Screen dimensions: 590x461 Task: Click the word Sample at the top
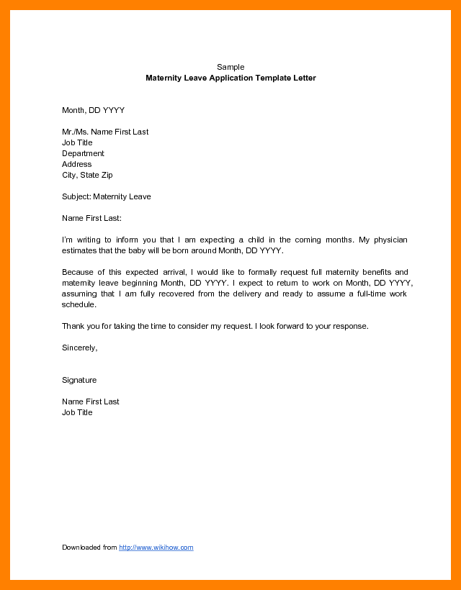click(x=230, y=67)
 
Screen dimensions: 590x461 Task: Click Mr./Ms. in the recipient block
click(x=75, y=132)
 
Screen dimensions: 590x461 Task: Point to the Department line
click(x=83, y=153)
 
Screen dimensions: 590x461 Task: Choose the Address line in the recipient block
click(x=76, y=164)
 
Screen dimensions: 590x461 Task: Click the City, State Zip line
click(x=87, y=175)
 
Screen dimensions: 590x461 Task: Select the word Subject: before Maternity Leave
click(x=76, y=196)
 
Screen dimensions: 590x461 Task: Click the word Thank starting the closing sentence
click(x=73, y=326)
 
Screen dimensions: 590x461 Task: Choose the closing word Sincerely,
click(x=79, y=348)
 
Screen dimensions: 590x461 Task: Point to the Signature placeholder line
click(x=79, y=380)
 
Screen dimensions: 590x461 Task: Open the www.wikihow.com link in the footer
click(x=156, y=548)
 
